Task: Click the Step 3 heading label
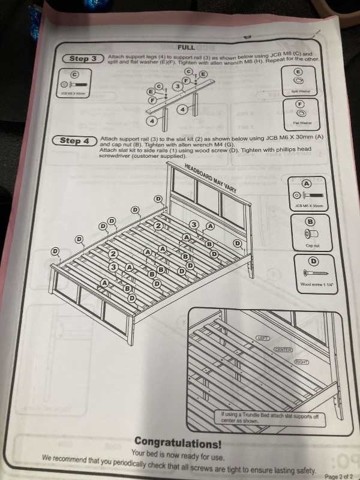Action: (83, 58)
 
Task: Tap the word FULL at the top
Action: (185, 46)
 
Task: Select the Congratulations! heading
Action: (178, 445)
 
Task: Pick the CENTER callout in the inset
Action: (283, 349)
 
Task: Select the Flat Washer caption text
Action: (302, 122)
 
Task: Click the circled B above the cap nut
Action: (310, 221)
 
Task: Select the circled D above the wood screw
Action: (312, 261)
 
